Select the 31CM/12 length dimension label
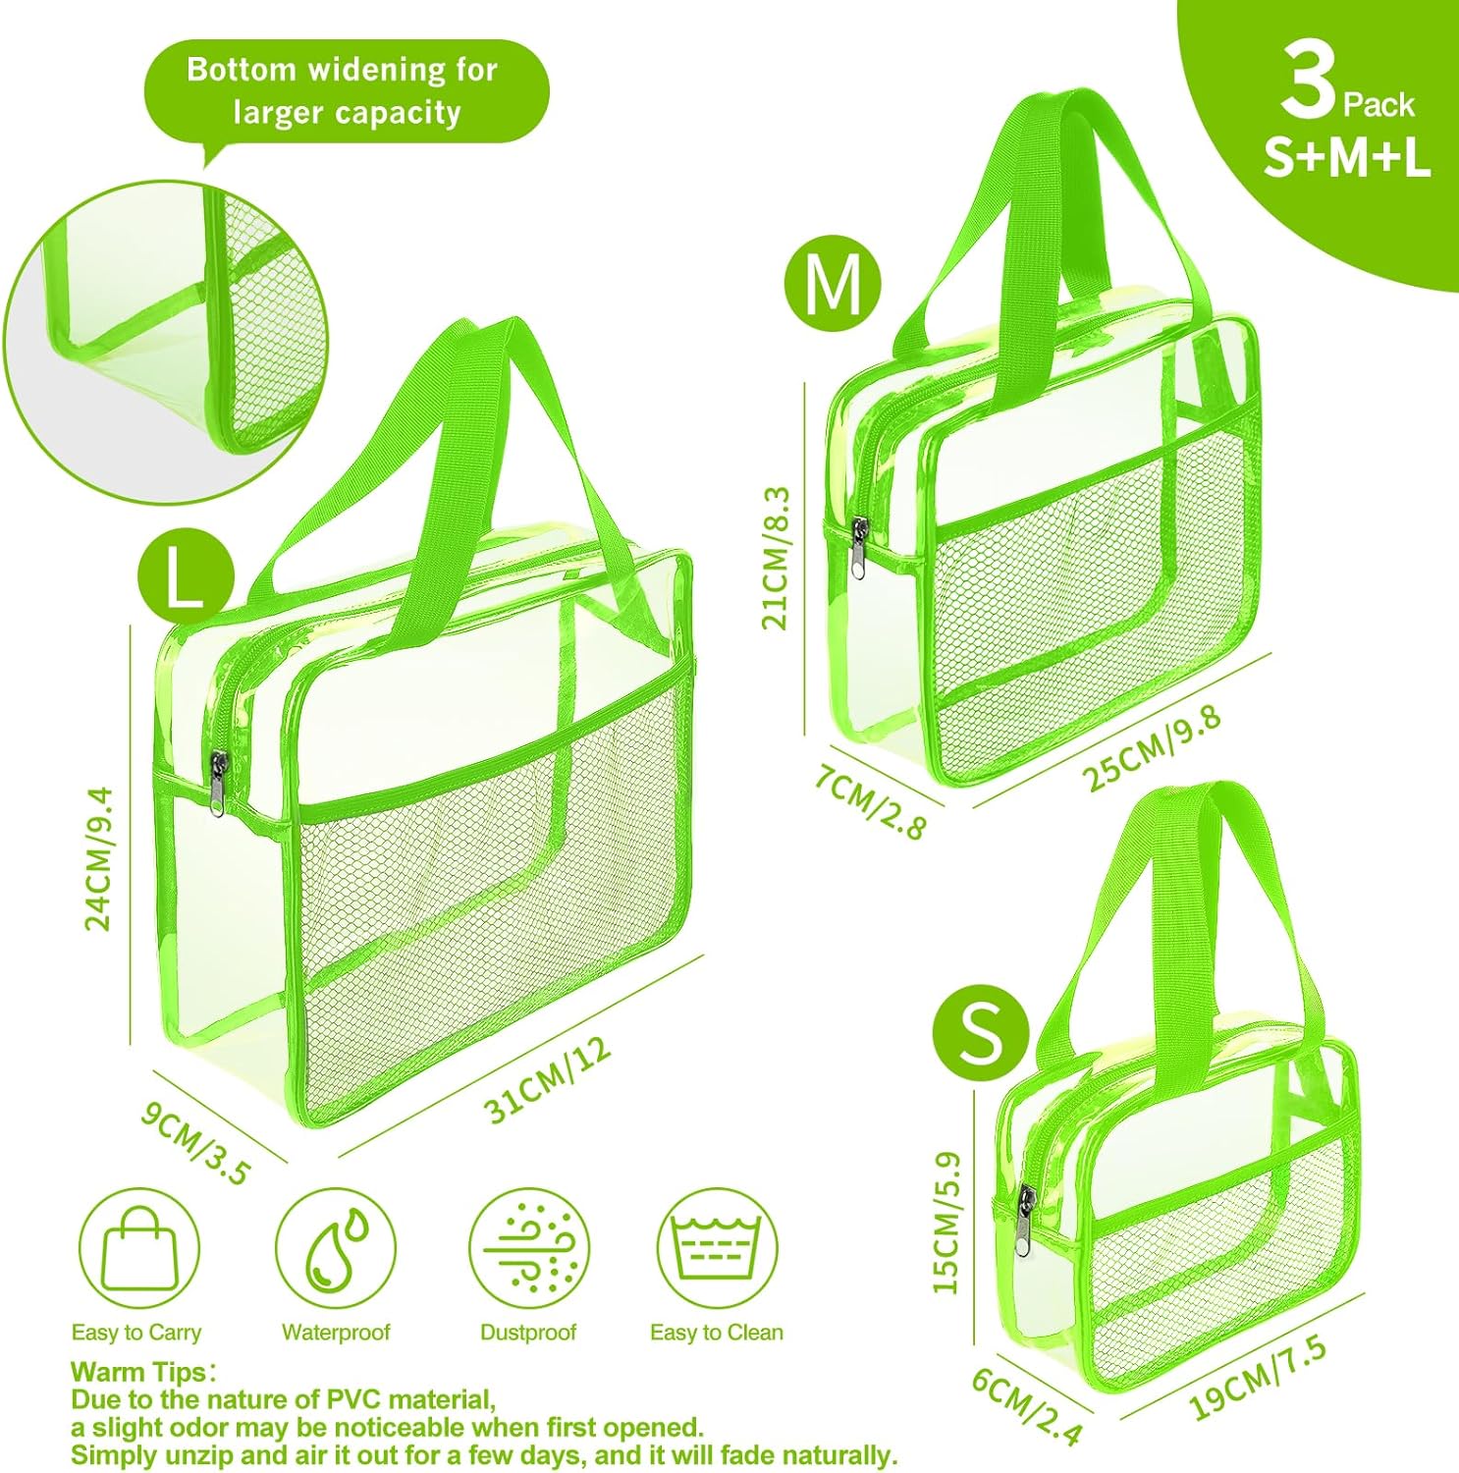click(548, 1078)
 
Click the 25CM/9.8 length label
click(1152, 747)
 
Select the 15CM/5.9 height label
click(946, 1223)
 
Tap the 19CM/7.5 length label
click(1258, 1378)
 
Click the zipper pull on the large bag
click(216, 783)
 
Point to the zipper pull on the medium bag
click(860, 548)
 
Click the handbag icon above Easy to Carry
click(139, 1248)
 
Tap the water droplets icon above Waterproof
click(335, 1248)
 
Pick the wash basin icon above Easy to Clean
click(716, 1248)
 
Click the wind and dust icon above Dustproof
click(528, 1248)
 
